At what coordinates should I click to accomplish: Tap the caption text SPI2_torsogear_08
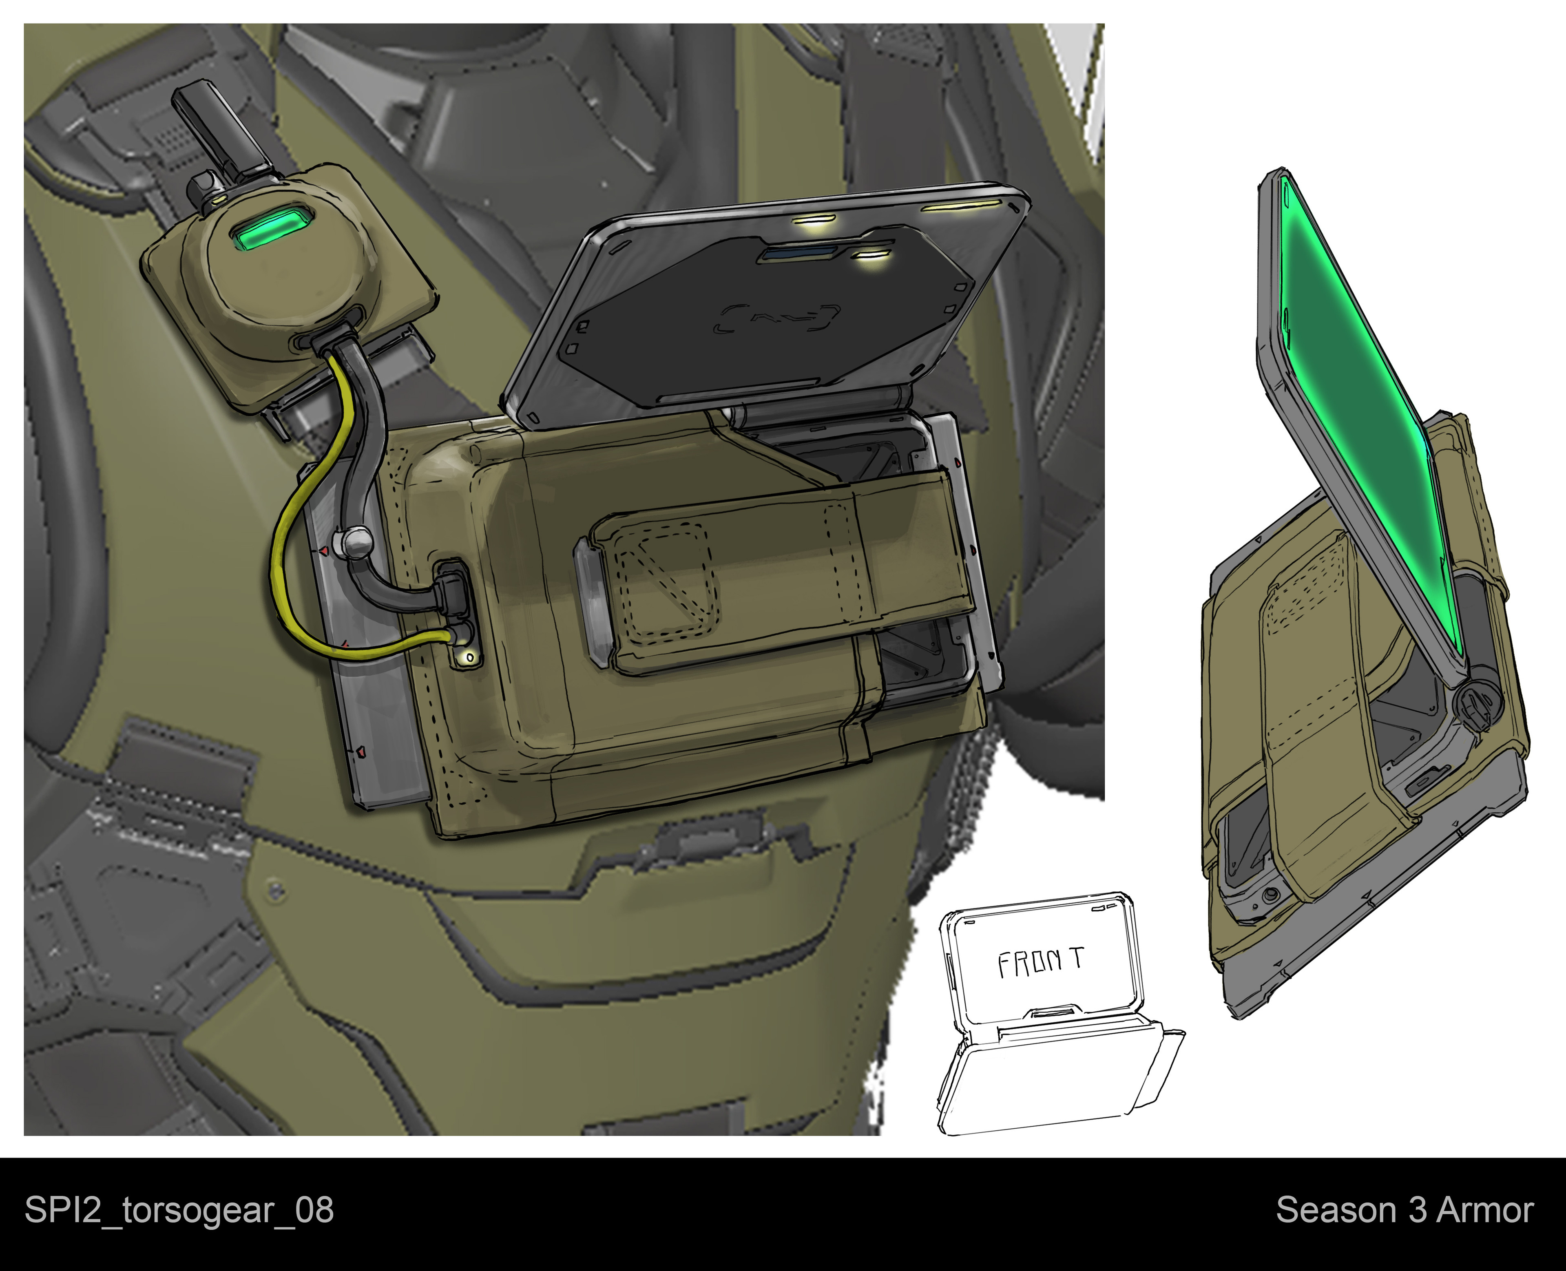(x=179, y=1210)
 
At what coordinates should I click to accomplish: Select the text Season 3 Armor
(x=1404, y=1210)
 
